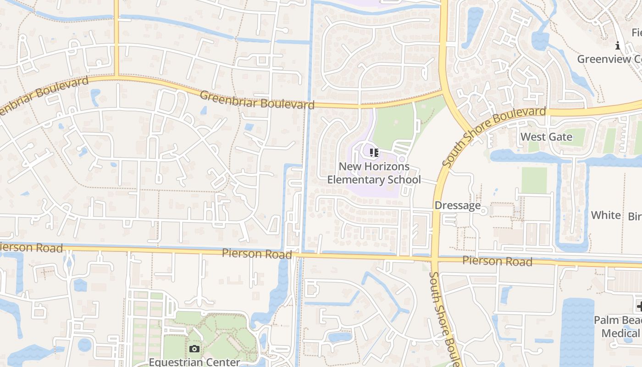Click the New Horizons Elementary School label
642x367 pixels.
tap(374, 173)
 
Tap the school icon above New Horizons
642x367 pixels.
tap(374, 152)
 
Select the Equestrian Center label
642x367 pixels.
tap(194, 362)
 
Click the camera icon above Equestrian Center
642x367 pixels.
tap(194, 349)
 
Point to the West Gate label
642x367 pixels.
tap(546, 137)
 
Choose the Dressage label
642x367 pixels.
tap(457, 206)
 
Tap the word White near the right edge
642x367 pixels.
tap(606, 215)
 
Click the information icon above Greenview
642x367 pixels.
tap(618, 46)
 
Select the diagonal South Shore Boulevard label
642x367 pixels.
tap(494, 136)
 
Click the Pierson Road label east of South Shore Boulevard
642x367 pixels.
tap(497, 261)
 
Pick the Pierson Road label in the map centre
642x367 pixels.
tap(257, 254)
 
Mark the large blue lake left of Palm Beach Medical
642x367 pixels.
tap(577, 330)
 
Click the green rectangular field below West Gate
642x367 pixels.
tap(534, 180)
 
